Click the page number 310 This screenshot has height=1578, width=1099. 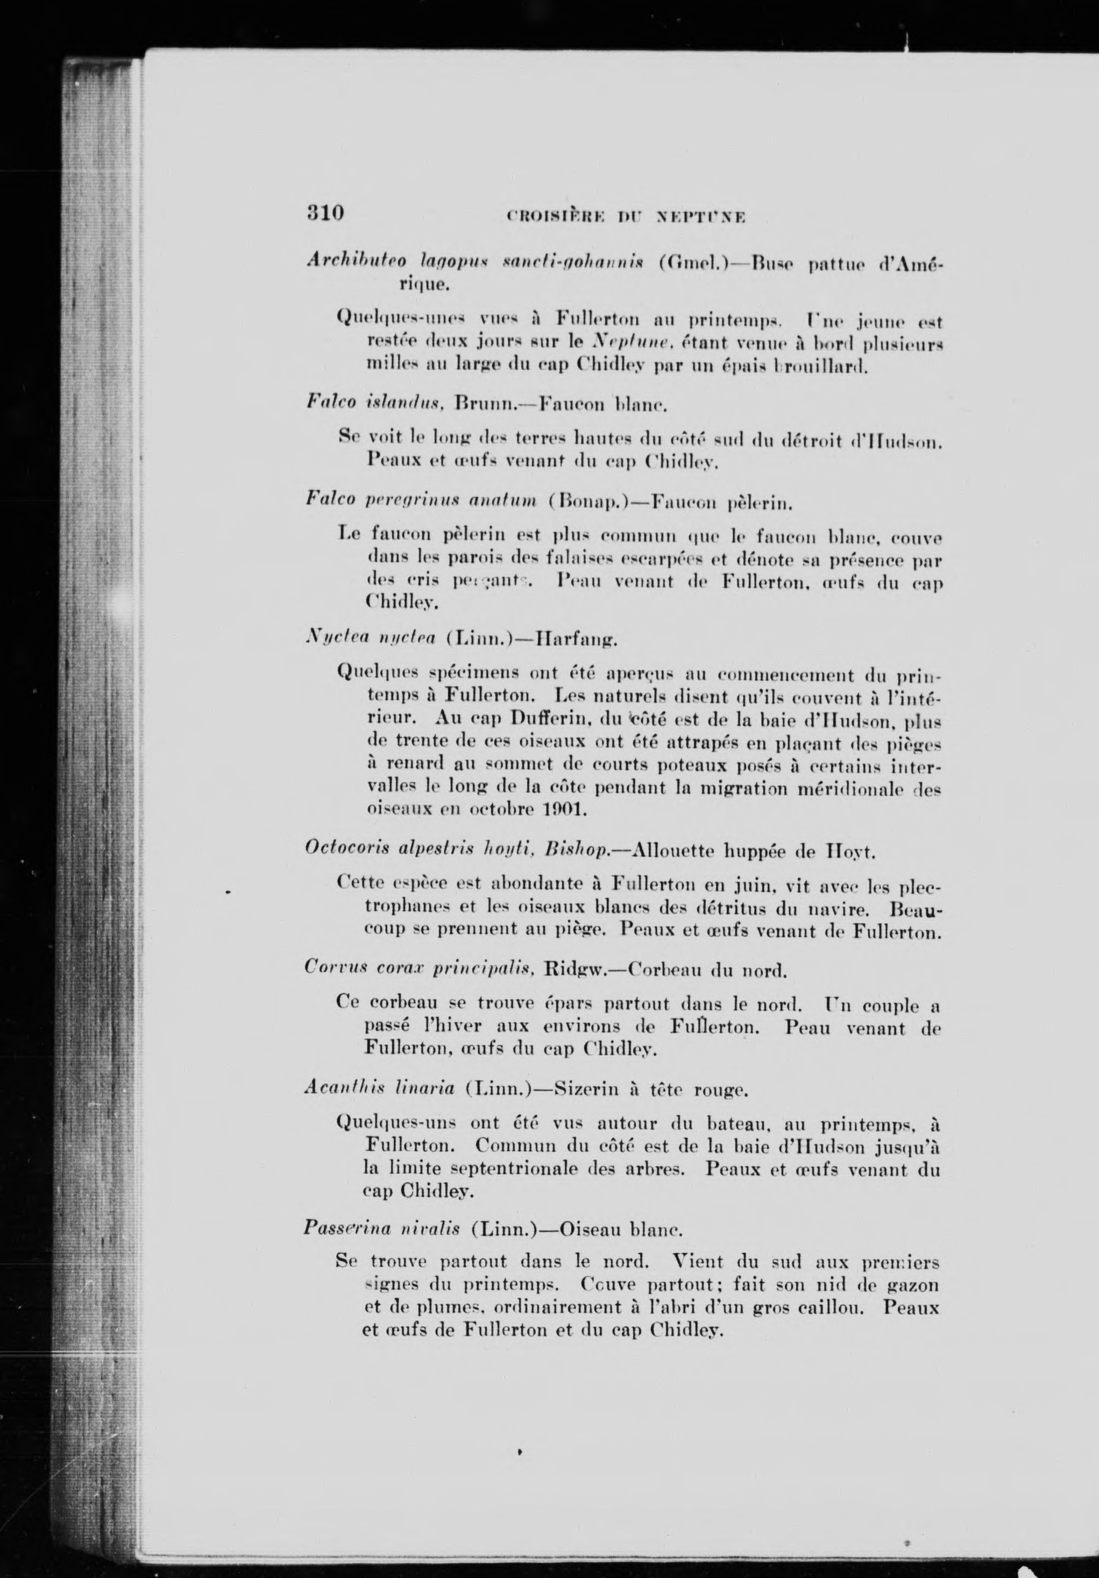(x=324, y=213)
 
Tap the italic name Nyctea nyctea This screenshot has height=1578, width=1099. (x=368, y=639)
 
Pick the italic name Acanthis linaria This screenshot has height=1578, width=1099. (x=379, y=1089)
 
